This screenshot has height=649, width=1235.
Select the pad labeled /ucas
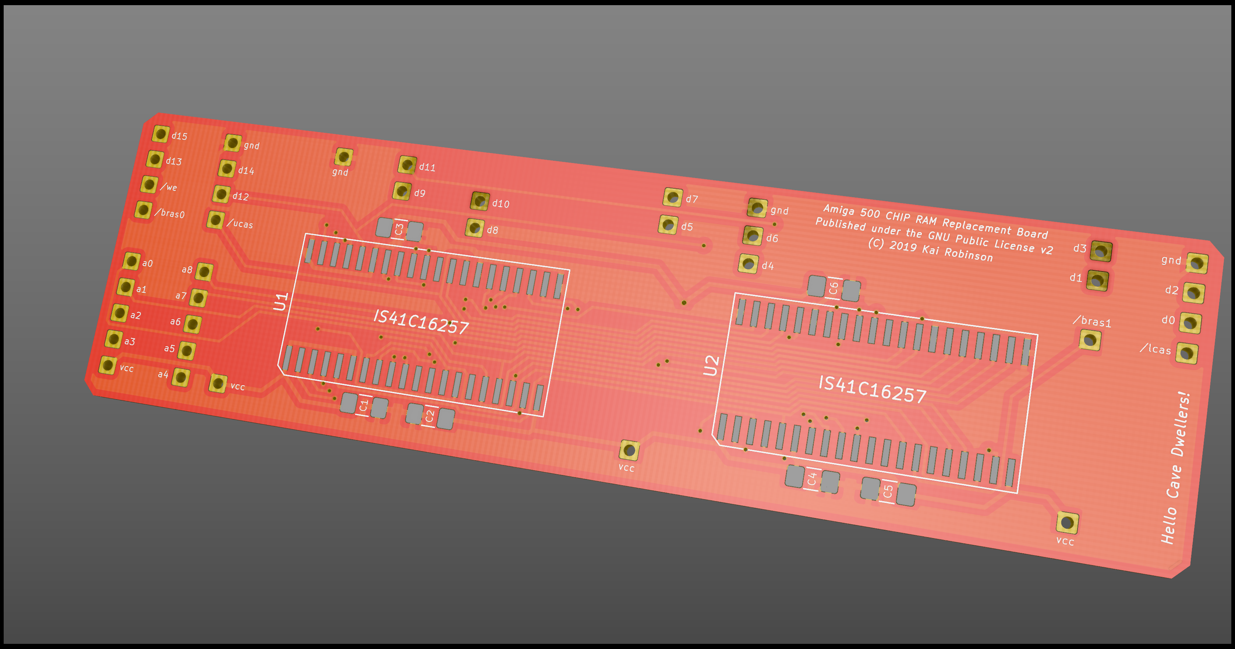[x=216, y=220]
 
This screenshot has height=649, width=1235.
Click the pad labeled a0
[x=131, y=261]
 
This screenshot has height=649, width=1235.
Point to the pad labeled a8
[x=204, y=272]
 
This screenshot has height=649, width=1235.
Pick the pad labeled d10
[x=480, y=201]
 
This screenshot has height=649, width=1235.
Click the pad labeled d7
[x=673, y=197]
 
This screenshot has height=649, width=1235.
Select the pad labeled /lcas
[x=1188, y=354]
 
